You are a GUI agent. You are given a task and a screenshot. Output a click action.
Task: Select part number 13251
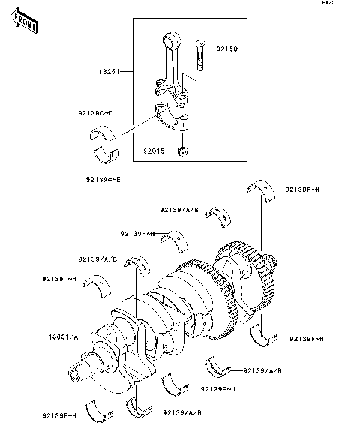tap(109, 73)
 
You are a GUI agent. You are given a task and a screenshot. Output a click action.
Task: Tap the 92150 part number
tap(227, 49)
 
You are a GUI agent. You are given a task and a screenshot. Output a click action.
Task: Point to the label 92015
tap(154, 151)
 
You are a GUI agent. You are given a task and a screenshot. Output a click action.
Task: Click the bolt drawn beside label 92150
tap(202, 55)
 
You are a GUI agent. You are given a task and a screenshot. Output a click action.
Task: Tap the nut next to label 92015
tap(183, 153)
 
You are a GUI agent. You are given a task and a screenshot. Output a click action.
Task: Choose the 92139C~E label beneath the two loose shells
tap(104, 180)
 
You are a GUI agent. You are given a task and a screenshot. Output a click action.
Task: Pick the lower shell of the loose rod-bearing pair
tap(106, 155)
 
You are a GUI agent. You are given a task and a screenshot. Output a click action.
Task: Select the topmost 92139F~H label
tap(303, 190)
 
